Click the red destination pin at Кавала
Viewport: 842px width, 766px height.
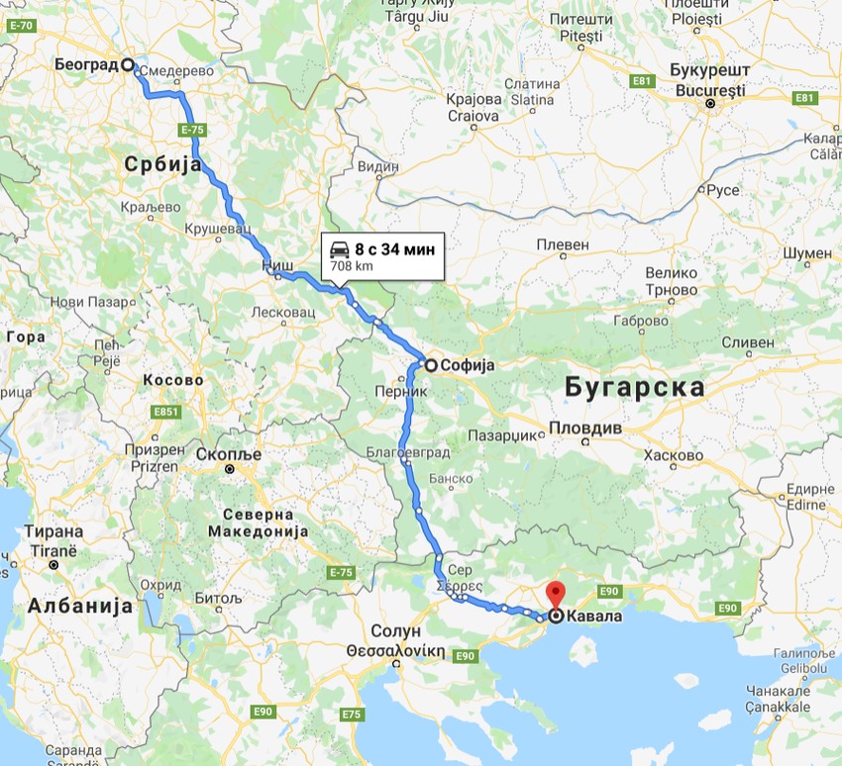pyautogui.click(x=556, y=594)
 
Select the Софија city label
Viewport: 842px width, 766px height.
pyautogui.click(x=468, y=364)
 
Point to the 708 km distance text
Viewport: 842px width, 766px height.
pyautogui.click(x=352, y=266)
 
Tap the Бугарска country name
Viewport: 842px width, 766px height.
pyautogui.click(x=635, y=387)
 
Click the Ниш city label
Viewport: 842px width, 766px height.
pyautogui.click(x=276, y=266)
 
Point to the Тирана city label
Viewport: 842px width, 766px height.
pyautogui.click(x=55, y=530)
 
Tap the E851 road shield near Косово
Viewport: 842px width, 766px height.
pyautogui.click(x=165, y=412)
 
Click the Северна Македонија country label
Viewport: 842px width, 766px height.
pyautogui.click(x=258, y=523)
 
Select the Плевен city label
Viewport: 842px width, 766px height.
pyautogui.click(x=563, y=244)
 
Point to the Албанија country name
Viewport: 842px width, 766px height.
pyautogui.click(x=80, y=606)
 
